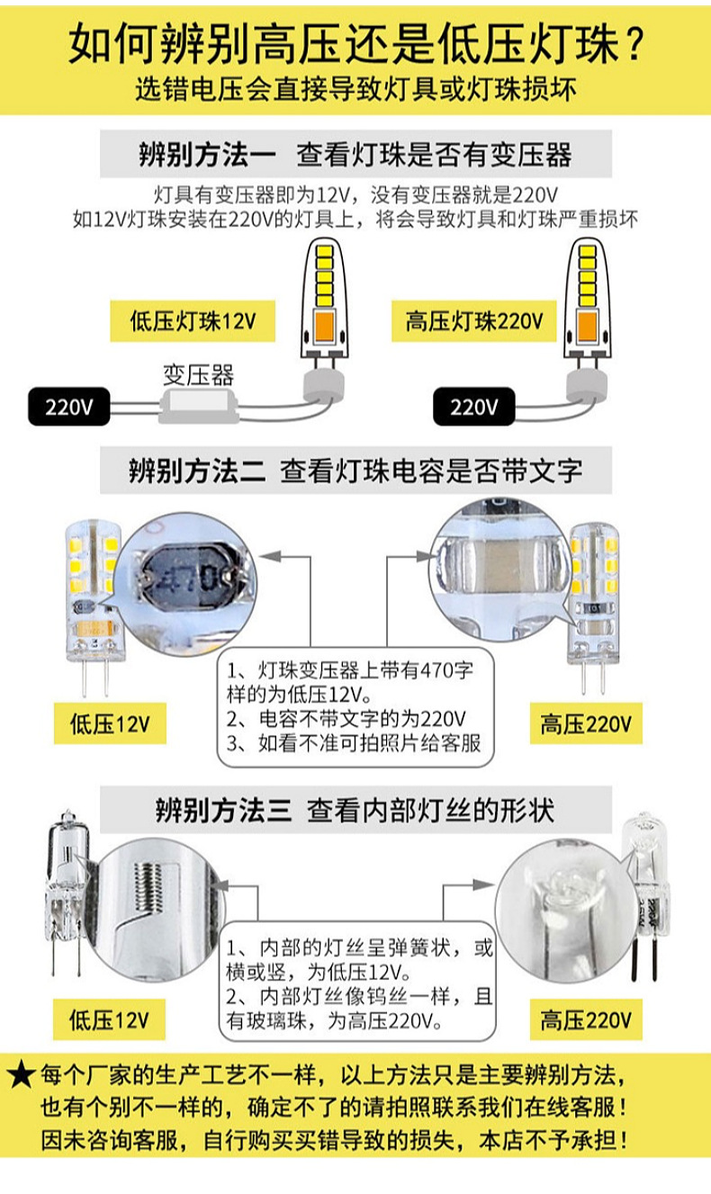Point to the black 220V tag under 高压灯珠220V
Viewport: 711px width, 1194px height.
(473, 407)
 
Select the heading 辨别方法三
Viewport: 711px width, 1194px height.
(222, 811)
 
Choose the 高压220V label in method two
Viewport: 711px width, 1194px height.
(586, 724)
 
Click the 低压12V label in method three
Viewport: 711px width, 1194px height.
(110, 1019)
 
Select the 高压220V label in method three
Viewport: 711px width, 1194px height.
(586, 1020)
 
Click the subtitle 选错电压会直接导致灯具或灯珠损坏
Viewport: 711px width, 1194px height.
(355, 91)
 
